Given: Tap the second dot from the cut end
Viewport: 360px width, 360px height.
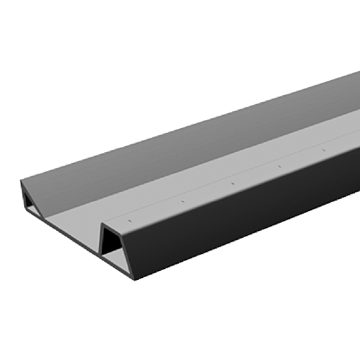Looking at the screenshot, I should tap(182, 201).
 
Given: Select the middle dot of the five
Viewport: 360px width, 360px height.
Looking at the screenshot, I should tap(232, 183).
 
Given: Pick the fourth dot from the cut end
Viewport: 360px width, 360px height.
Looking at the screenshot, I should tap(279, 166).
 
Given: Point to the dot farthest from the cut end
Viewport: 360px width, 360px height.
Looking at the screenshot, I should tap(324, 150).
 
